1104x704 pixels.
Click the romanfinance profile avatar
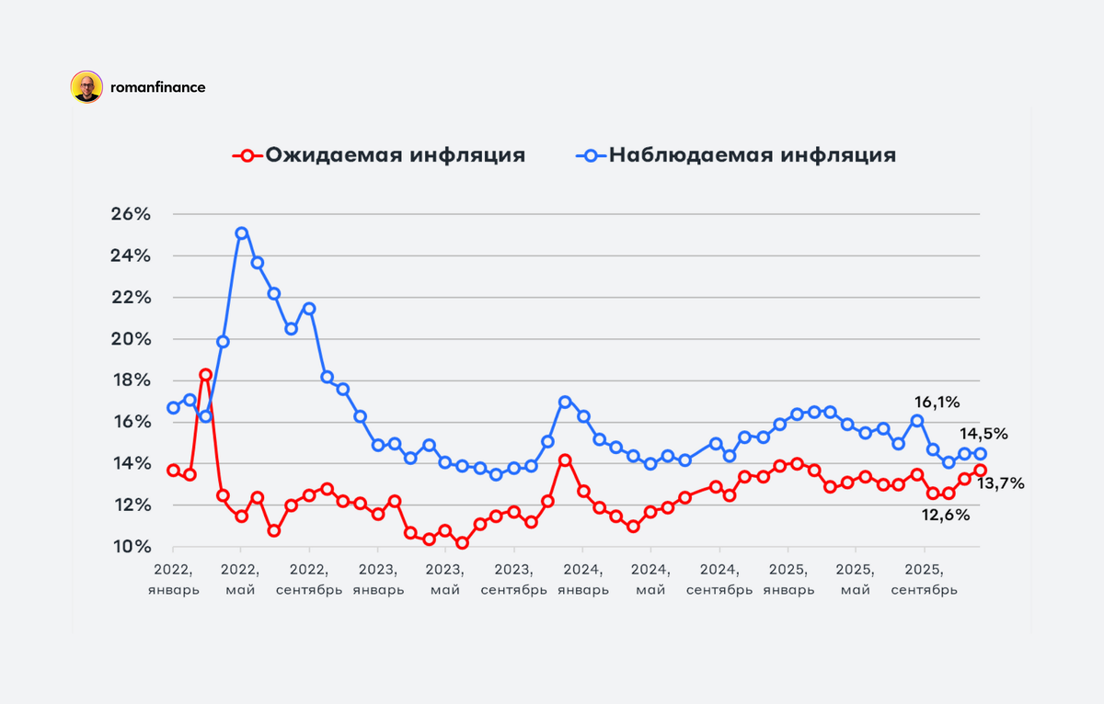tap(86, 87)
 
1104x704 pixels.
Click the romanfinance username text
tap(157, 87)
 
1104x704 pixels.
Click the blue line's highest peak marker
tap(241, 233)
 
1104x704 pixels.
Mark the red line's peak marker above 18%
tap(206, 375)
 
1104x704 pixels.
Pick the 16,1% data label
tap(937, 402)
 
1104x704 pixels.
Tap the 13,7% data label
tap(1001, 483)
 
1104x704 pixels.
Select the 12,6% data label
tap(946, 515)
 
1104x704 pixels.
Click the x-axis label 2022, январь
tap(173, 579)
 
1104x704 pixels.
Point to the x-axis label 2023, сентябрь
tap(513, 579)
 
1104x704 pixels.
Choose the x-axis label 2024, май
tap(651, 579)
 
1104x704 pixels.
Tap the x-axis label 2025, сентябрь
tap(925, 579)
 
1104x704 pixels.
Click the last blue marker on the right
tap(981, 453)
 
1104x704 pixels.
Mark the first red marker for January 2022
tap(173, 470)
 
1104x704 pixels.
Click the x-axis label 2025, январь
tap(788, 579)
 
